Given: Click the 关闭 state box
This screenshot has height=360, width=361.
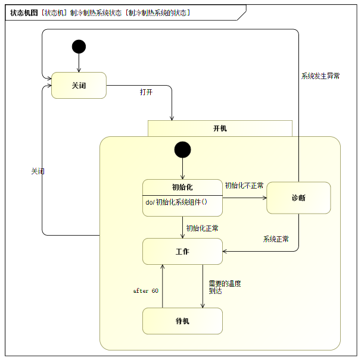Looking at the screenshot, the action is pos(79,85).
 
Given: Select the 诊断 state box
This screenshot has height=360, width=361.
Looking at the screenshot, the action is pos(298,198).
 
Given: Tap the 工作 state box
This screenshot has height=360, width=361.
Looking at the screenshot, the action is pos(182,252).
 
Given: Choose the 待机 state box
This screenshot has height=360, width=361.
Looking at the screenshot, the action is pos(182,321).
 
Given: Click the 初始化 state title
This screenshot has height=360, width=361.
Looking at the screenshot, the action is pos(182,187).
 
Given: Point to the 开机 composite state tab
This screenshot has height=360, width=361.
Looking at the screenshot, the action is pos(220,129).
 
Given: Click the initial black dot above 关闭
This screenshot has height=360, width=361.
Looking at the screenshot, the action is pos(79,46).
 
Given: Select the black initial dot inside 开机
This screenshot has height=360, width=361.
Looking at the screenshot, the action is pos(182,149).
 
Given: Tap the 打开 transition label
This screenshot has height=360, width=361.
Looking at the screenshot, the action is pos(146,92).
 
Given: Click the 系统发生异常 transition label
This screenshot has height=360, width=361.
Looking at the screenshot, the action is pos(320,76).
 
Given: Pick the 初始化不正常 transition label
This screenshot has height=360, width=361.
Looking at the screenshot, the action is pos(244,186).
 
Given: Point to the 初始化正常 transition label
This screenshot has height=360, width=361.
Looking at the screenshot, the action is pos(202,228).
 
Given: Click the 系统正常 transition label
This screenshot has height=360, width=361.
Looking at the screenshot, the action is pos(276,239).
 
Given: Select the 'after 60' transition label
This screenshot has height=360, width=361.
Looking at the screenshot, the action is pos(146,291).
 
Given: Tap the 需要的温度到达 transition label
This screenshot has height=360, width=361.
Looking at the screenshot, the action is pos(225,287).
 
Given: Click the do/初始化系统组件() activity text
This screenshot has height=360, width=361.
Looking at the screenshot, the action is pos(176,202).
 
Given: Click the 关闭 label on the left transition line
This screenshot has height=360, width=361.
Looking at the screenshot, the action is pos(38,171).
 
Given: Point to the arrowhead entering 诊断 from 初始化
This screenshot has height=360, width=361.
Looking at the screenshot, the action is pos(265,198).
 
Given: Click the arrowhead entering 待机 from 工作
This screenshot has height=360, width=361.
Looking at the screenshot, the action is pos(203,306).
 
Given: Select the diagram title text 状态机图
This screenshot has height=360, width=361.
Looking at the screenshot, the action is pos(24,12).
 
